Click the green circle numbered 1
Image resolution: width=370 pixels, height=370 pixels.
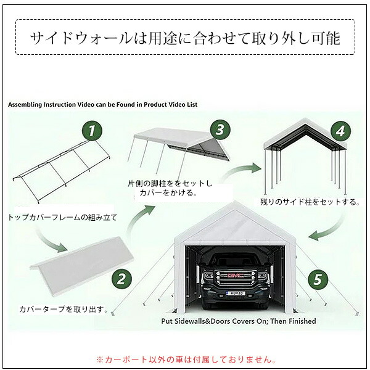point(92,130)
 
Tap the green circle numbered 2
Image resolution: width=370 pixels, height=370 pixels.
point(121,279)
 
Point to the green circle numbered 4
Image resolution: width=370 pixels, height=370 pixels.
point(338,131)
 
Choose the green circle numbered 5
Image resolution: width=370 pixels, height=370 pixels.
point(318,279)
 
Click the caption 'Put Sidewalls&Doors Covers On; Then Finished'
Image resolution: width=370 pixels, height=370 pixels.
point(238,321)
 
